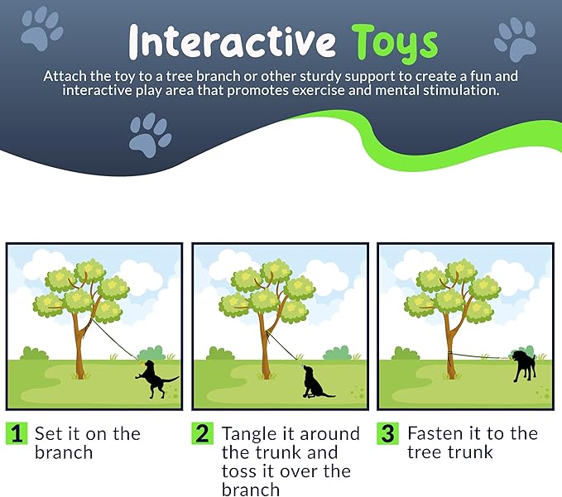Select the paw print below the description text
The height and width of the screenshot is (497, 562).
point(151,136)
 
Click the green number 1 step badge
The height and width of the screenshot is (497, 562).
point(17,433)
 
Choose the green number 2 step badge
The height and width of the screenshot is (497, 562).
point(203,433)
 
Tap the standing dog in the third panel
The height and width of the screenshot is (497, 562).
point(524,365)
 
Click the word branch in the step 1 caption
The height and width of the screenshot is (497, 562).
point(64,452)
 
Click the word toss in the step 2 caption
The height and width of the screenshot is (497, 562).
point(238,471)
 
